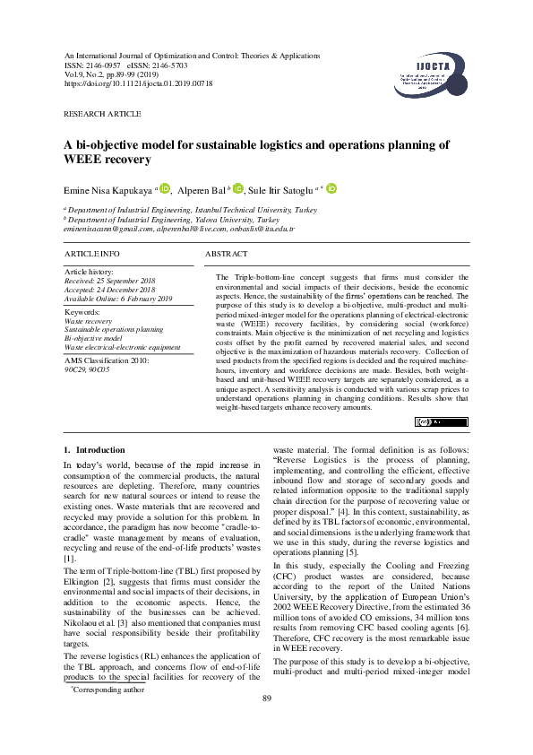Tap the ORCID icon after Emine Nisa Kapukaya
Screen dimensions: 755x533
pos(164,188)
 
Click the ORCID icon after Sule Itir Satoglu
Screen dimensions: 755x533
pos(331,188)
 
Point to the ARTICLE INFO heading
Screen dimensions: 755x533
pos(92,255)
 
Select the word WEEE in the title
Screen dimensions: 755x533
pos(83,159)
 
